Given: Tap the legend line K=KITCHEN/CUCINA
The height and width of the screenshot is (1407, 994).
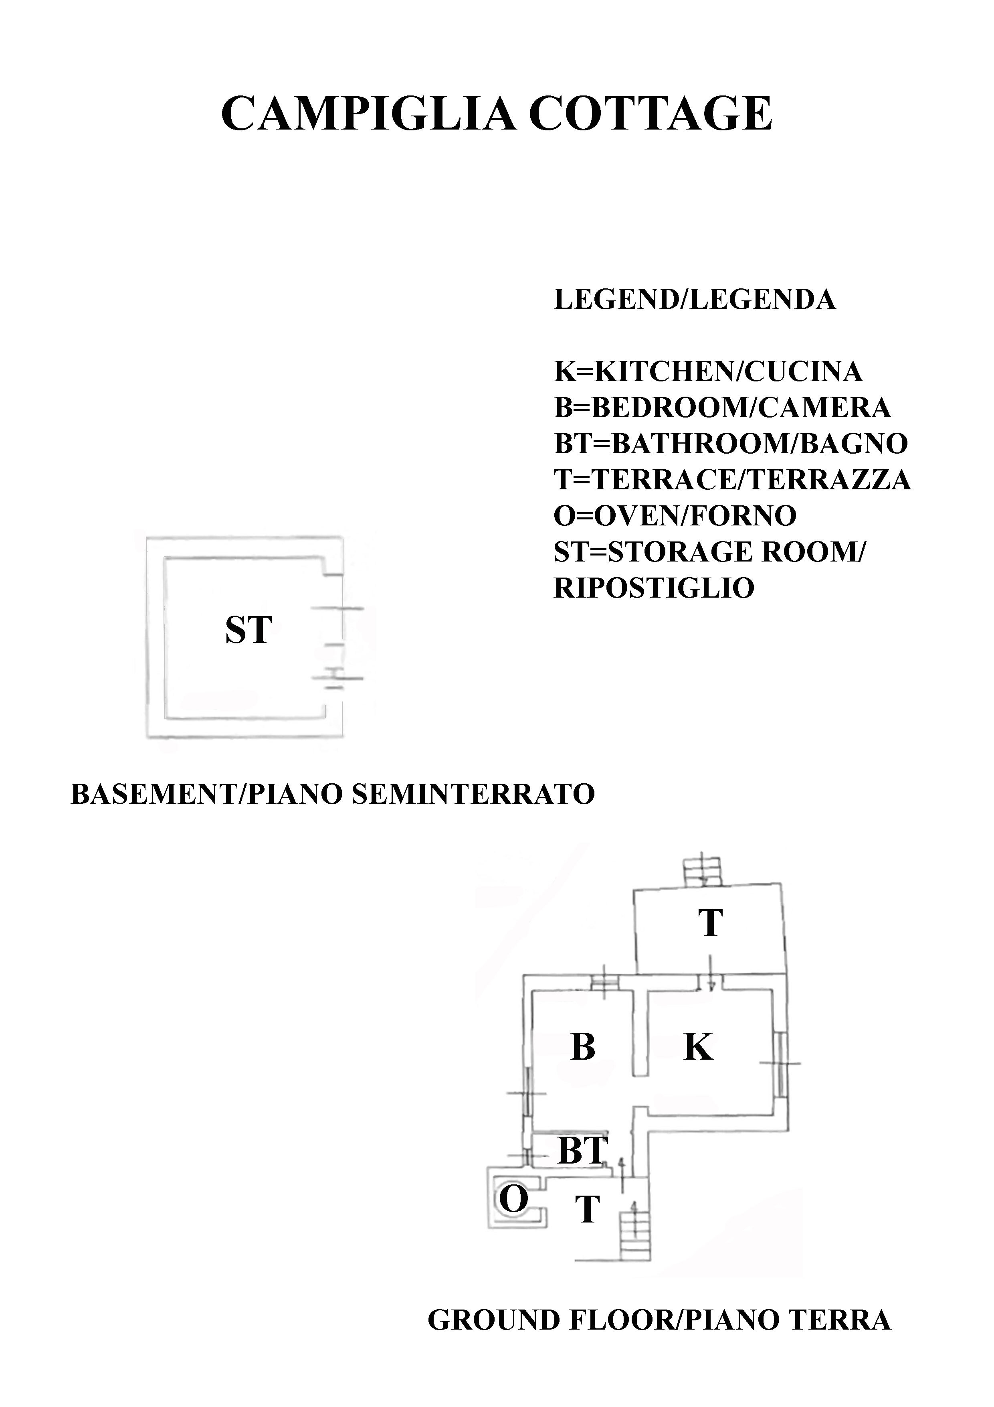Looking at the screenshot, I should click(707, 371).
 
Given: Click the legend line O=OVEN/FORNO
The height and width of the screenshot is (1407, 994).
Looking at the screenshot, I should click(675, 515).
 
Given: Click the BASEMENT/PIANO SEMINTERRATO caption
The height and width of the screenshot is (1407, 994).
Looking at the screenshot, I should click(333, 794).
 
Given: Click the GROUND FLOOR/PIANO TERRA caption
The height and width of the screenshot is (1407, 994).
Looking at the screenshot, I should click(659, 1320).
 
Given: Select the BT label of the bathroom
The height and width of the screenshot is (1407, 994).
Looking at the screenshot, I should click(582, 1150).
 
